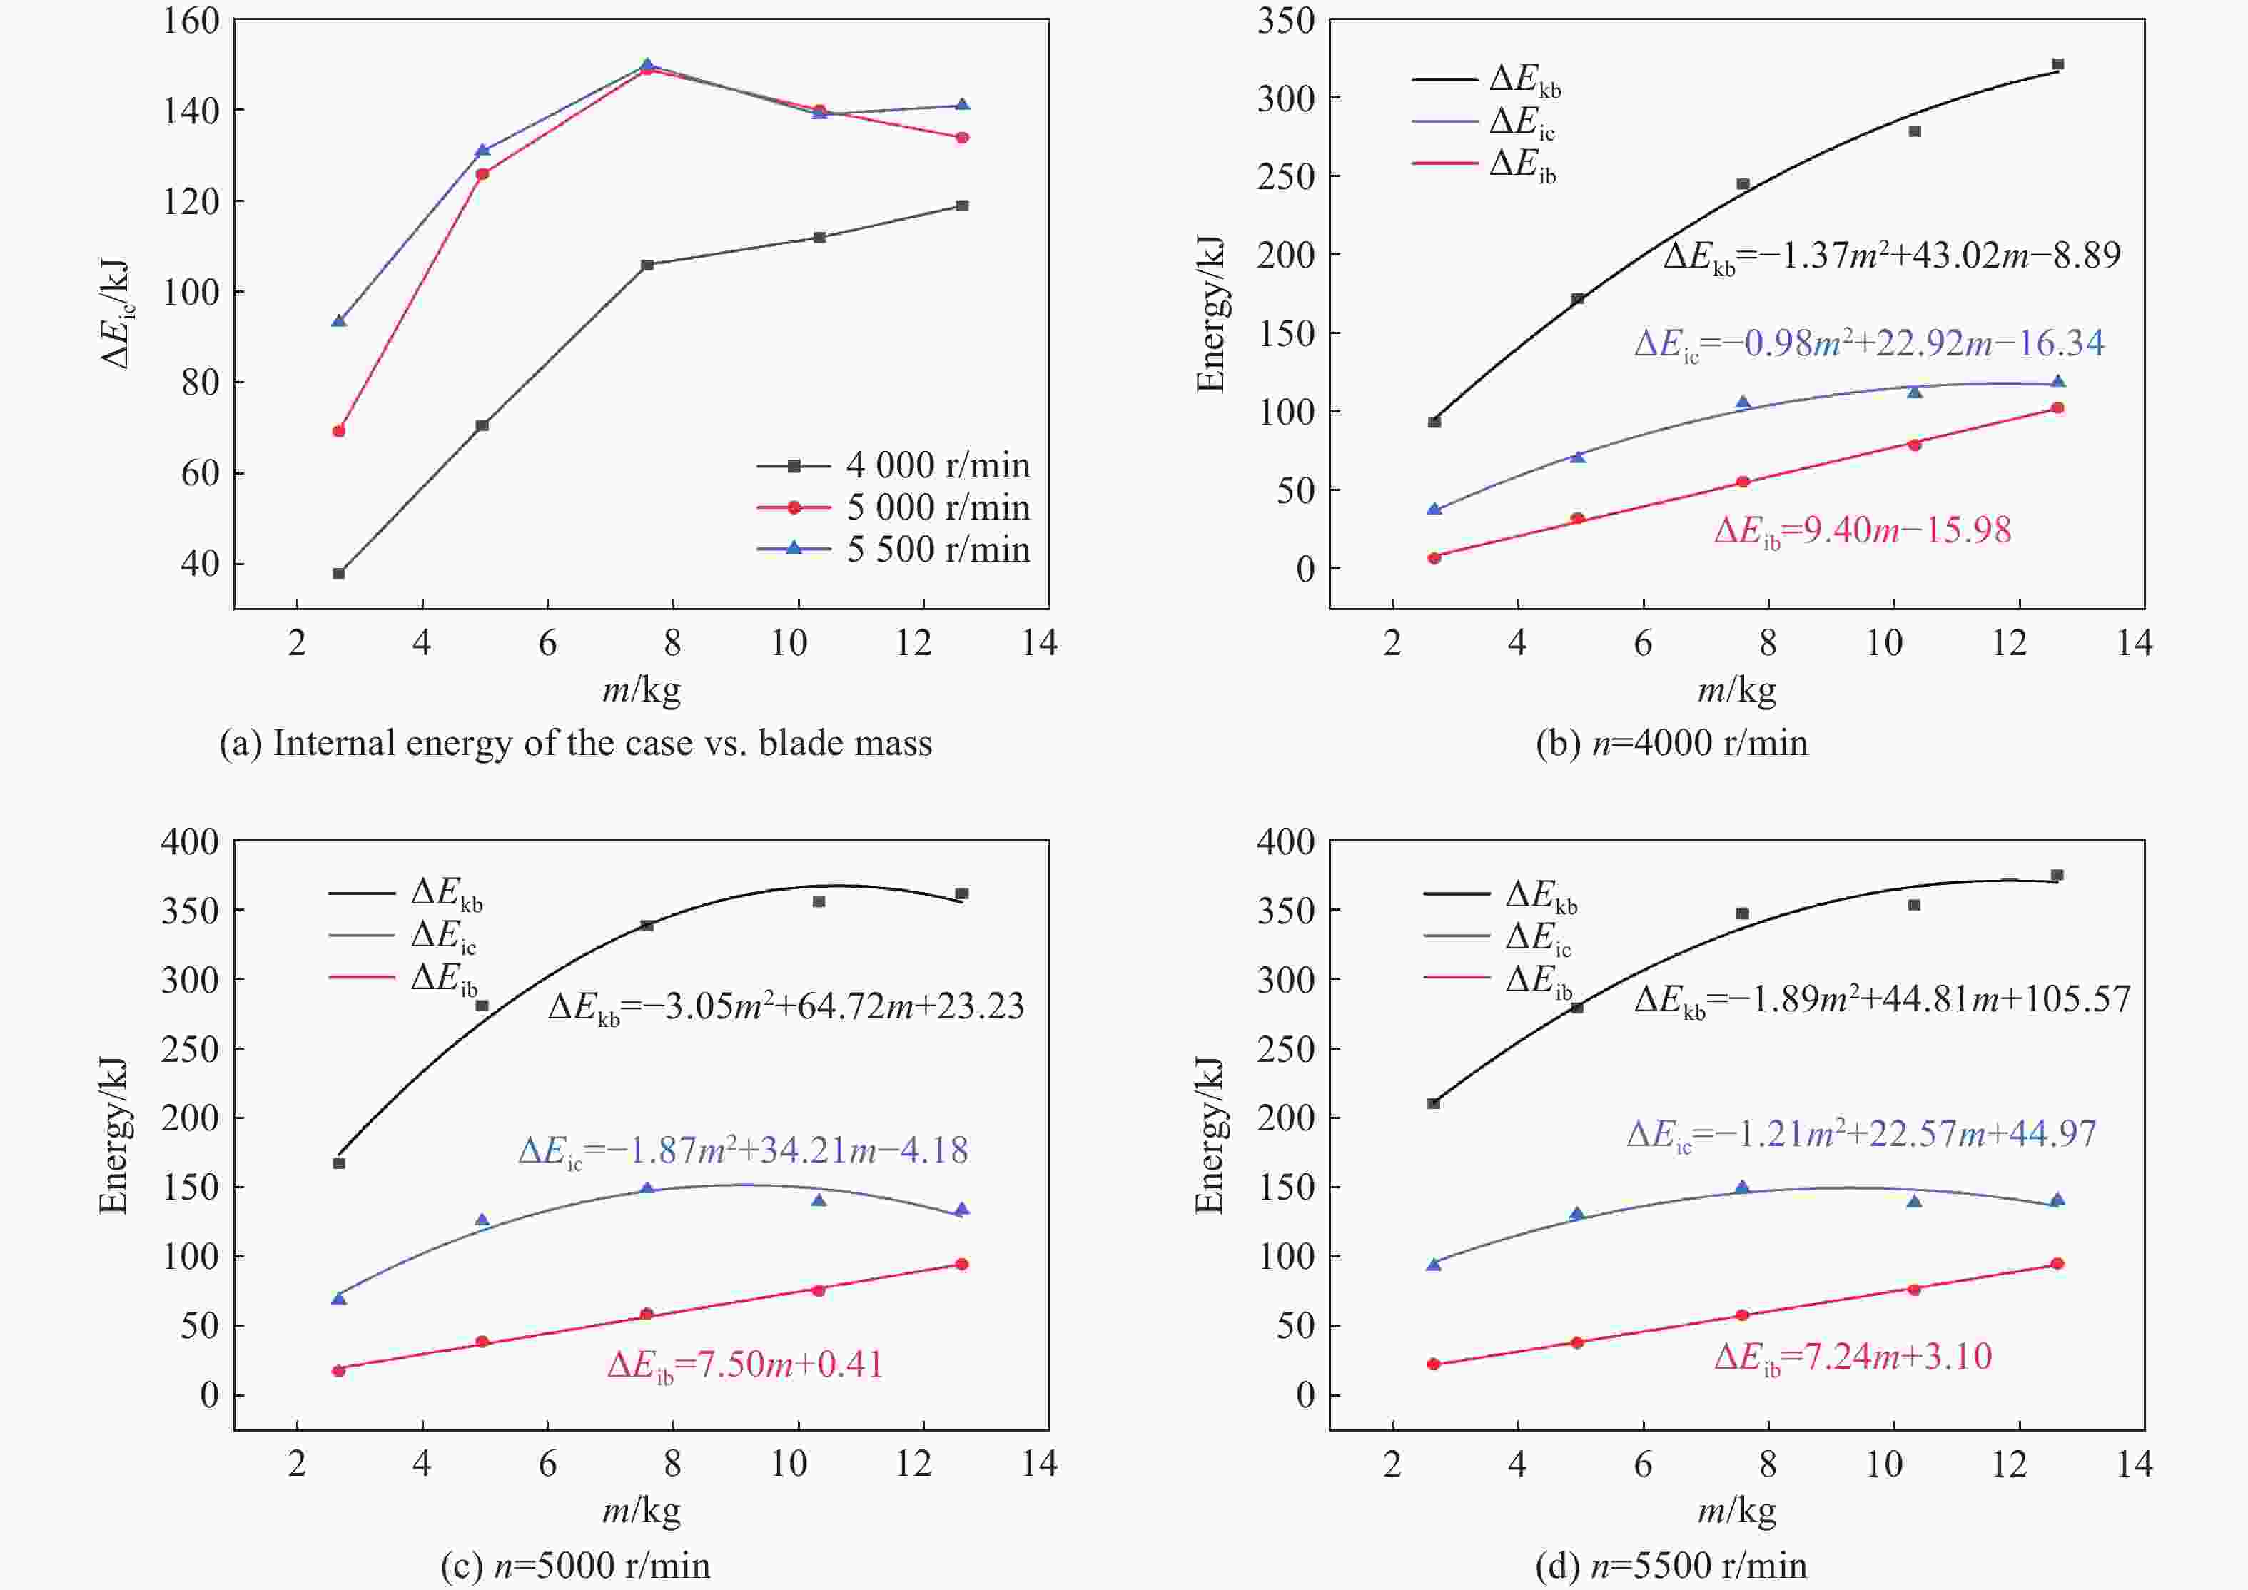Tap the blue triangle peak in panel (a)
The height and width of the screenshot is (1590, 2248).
646,65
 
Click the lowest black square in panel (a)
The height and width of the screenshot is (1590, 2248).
339,574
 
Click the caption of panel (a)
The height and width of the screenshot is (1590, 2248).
576,743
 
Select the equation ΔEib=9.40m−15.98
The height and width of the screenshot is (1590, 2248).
1862,531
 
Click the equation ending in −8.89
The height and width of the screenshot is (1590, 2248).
1892,256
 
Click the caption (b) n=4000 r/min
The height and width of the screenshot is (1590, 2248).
1671,743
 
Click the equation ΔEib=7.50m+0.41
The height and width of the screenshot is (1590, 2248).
745,1364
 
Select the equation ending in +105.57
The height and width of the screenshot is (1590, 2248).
1882,1000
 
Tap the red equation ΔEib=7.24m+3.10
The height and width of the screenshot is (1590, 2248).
1853,1357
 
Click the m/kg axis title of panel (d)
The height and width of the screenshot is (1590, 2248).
1736,1511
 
